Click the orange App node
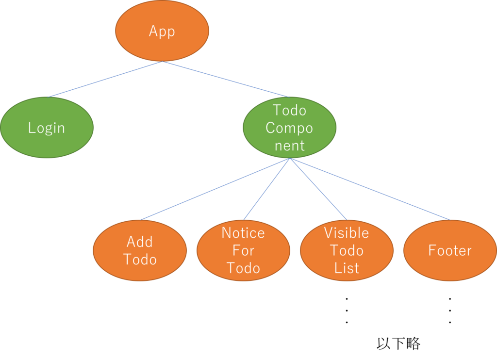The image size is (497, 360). click(162, 31)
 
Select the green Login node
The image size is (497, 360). click(47, 128)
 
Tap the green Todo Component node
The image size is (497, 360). click(289, 128)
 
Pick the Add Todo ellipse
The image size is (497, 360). click(140, 250)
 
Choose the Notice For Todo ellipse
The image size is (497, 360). click(243, 250)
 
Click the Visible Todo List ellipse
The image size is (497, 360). click(347, 250)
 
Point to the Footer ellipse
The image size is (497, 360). click(450, 250)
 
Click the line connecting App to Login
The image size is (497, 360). click(105, 79)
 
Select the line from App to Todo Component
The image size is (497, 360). click(226, 79)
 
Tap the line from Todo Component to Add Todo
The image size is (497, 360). click(215, 189)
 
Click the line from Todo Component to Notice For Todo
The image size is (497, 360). click(266, 189)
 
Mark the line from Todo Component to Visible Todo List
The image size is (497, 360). click(318, 189)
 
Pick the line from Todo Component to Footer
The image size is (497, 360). click(370, 189)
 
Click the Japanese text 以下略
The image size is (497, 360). click(398, 344)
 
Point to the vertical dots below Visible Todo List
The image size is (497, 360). click(347, 311)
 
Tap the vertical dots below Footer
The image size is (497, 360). click(450, 311)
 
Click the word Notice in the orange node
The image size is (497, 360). click(243, 233)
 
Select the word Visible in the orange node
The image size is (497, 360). click(347, 233)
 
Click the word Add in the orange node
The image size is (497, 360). click(140, 242)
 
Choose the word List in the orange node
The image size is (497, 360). click(347, 268)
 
